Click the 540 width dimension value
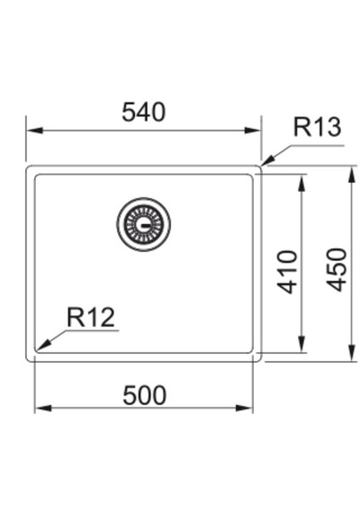(x=144, y=112)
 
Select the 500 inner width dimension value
(x=144, y=395)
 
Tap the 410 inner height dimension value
(x=287, y=272)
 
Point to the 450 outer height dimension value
(x=336, y=270)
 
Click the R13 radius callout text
(x=317, y=127)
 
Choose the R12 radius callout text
(x=91, y=317)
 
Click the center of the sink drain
(x=144, y=224)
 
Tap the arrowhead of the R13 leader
(x=267, y=162)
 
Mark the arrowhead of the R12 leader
(x=43, y=346)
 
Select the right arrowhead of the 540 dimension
(x=252, y=130)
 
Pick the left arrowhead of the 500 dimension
(x=43, y=409)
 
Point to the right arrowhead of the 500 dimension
(x=244, y=409)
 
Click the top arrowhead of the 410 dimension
(x=302, y=183)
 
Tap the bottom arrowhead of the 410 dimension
(x=302, y=345)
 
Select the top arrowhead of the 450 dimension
(x=352, y=175)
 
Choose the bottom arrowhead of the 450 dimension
(x=352, y=353)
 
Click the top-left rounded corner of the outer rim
(x=28, y=167)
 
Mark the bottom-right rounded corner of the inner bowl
(x=251, y=351)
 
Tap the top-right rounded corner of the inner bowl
(x=251, y=176)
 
